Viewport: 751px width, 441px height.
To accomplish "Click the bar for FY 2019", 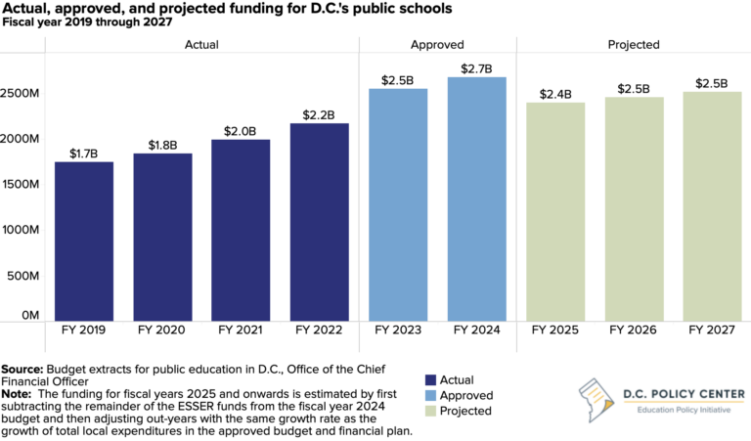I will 83,241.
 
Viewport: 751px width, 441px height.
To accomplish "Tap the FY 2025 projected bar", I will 554,211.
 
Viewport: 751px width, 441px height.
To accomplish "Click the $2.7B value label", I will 476,67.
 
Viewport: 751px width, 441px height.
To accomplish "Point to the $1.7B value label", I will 83,153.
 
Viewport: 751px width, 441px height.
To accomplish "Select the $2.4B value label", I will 554,94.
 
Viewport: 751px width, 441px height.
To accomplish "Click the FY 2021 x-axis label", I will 241,331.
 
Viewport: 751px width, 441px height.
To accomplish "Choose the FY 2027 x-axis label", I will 712,331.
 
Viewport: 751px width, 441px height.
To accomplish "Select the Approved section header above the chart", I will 437,44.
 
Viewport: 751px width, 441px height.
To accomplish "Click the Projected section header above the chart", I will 633,44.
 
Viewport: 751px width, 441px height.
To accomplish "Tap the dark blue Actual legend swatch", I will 430,380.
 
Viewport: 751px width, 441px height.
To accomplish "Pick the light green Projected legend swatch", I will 430,412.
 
